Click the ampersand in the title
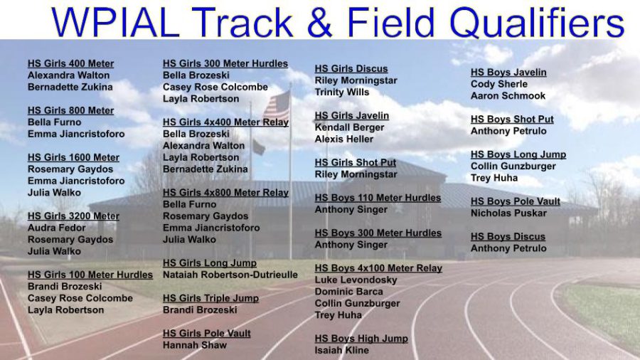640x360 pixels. tap(320, 23)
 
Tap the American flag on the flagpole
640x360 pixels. tap(277, 106)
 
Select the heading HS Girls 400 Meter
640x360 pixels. tap(70, 63)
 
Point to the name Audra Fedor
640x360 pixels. tap(56, 228)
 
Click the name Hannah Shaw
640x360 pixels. tap(194, 345)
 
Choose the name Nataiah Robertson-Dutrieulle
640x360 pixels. tap(230, 275)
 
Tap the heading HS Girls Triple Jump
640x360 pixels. tap(210, 298)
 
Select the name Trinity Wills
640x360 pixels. tap(341, 92)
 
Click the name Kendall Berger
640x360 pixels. tap(349, 127)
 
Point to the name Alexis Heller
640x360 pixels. tap(343, 139)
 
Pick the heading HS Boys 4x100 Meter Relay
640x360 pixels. tap(378, 268)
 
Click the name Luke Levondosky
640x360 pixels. tap(356, 280)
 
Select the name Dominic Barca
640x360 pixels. tap(348, 292)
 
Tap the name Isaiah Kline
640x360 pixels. tap(341, 350)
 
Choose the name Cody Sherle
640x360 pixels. tap(498, 85)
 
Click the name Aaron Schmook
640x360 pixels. tap(508, 96)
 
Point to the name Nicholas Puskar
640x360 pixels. tap(508, 213)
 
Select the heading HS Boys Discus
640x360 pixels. tap(508, 237)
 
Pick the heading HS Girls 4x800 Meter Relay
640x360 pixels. tap(225, 193)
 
